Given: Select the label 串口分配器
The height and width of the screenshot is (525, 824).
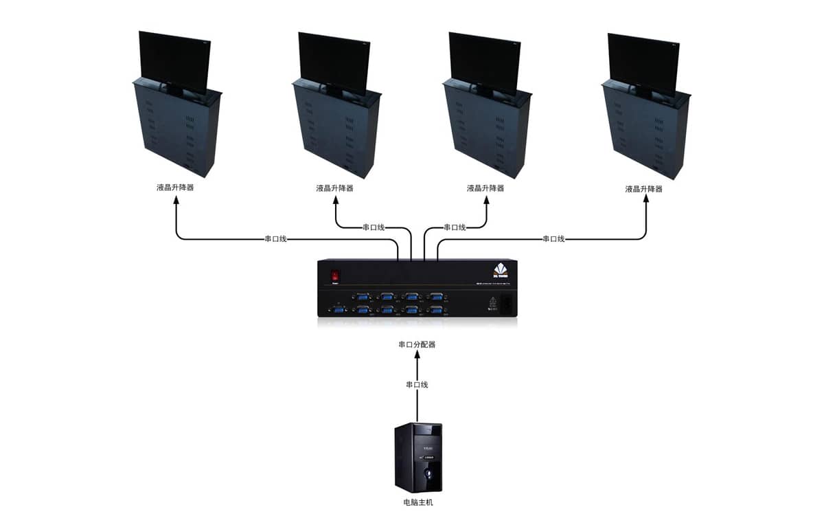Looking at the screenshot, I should click(x=417, y=344).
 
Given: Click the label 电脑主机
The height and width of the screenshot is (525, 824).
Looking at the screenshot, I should click(x=418, y=503).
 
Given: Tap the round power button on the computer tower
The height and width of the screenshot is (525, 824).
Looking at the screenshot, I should click(x=431, y=473).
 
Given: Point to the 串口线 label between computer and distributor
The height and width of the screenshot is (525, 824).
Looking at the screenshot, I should click(x=417, y=385).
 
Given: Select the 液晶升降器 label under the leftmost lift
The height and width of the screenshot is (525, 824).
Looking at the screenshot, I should click(x=174, y=188).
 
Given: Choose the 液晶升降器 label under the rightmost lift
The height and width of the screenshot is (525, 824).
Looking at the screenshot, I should click(x=644, y=188).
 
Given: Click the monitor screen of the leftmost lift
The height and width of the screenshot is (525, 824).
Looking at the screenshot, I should click(x=174, y=60).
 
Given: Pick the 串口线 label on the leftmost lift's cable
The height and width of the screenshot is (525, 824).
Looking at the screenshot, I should click(x=275, y=239).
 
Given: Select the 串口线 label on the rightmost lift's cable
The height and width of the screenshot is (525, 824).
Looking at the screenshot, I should click(x=553, y=239).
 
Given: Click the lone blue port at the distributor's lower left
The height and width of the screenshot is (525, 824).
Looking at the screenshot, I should click(x=338, y=311).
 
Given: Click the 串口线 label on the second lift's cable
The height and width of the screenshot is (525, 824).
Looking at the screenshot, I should click(x=374, y=227).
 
